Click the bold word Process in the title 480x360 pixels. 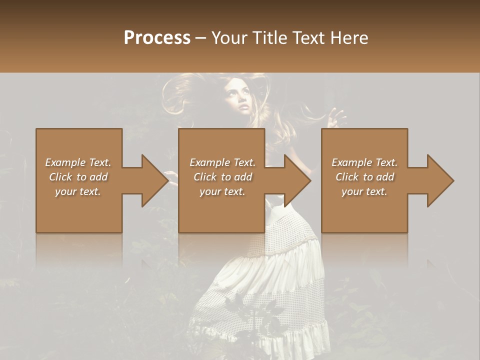(x=157, y=38)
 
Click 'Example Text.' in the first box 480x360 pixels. (x=78, y=162)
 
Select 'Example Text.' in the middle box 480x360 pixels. (x=222, y=162)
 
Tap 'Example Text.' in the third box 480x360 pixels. (x=364, y=162)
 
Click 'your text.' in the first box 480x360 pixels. (x=78, y=191)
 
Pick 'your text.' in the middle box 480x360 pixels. (x=222, y=191)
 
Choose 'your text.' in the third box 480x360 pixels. (x=364, y=191)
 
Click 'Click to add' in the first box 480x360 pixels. (x=78, y=177)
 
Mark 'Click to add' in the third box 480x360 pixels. (x=364, y=177)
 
